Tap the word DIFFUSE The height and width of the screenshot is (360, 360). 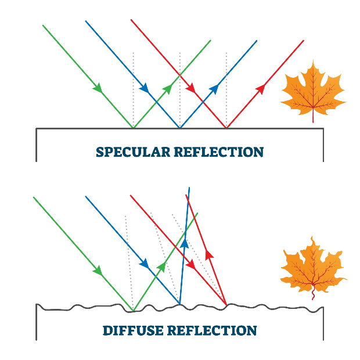click(132, 331)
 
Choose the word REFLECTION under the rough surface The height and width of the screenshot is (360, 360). click(212, 331)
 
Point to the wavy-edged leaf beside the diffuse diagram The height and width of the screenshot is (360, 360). click(312, 264)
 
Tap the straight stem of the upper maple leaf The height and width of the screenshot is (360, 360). click(313, 116)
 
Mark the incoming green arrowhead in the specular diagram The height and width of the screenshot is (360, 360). click(98, 88)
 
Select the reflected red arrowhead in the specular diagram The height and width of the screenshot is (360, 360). click(260, 88)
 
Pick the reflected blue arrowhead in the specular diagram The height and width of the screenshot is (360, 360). click(214, 88)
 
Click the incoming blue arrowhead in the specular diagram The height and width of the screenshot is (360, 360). click(145, 88)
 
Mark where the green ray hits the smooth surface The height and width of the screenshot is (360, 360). click(134, 127)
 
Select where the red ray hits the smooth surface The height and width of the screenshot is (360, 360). click(226, 127)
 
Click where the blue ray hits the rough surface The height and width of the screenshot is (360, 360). click(179, 303)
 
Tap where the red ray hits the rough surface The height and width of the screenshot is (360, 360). click(226, 304)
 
